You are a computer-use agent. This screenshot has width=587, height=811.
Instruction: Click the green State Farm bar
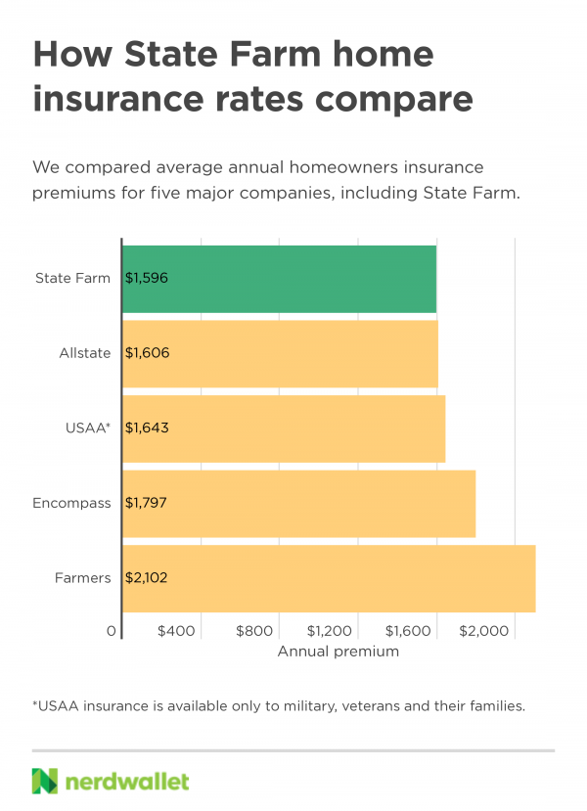(x=279, y=278)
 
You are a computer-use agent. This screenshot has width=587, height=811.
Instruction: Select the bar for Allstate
(x=280, y=353)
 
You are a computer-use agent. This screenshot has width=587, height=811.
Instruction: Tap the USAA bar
(x=284, y=428)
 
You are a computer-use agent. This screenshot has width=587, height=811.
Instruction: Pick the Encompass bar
(x=298, y=503)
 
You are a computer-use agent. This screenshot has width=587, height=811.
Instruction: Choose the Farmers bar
(x=329, y=578)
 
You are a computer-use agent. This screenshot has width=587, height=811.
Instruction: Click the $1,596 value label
(x=148, y=278)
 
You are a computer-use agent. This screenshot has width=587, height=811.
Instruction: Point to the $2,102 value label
(x=148, y=578)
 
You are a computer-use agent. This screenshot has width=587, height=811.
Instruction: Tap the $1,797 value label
(x=148, y=503)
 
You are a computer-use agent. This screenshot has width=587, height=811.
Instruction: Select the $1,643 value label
(x=148, y=428)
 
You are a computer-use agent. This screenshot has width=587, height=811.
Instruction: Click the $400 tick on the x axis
(x=177, y=632)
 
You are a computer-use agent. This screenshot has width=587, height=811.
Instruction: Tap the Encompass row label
(x=71, y=503)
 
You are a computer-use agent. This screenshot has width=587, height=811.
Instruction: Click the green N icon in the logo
(x=45, y=781)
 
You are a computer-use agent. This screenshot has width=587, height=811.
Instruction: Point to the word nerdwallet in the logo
(x=127, y=781)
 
